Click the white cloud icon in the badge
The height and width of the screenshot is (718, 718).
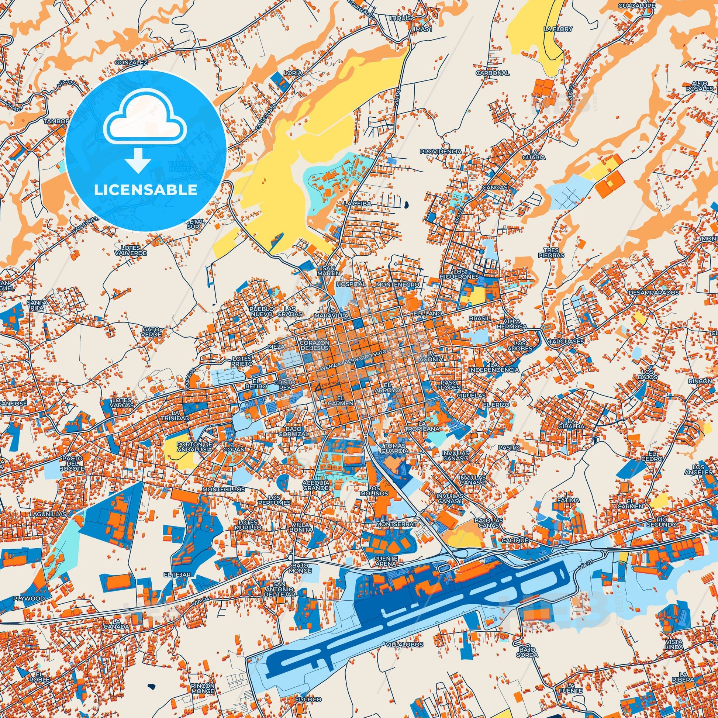(146, 124)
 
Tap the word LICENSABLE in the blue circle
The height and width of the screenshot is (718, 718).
(146, 190)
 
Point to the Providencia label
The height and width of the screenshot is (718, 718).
(441, 152)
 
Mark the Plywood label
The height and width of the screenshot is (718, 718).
(29, 598)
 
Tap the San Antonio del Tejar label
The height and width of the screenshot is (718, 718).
(283, 589)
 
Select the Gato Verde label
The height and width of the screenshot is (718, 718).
(152, 331)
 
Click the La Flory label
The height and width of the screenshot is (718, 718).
(558, 29)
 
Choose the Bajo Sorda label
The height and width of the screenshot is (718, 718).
(527, 652)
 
